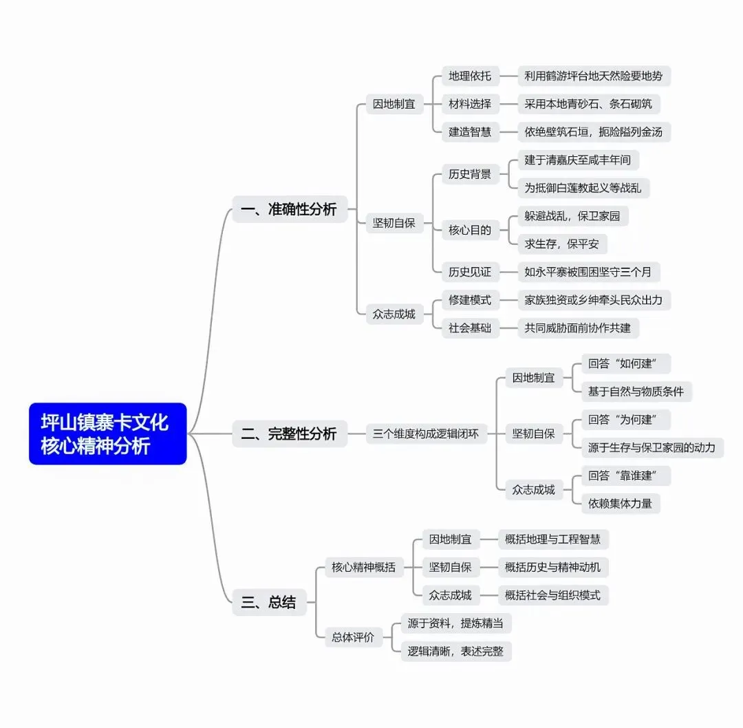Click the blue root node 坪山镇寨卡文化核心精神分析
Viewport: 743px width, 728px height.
(x=107, y=433)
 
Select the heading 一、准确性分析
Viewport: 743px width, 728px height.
(x=290, y=208)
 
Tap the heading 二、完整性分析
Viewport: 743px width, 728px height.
(x=290, y=433)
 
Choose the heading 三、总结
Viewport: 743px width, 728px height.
(x=269, y=602)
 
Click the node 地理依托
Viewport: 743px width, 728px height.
(x=470, y=76)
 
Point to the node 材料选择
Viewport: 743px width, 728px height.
(x=470, y=104)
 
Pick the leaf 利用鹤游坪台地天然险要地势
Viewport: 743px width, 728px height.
(x=593, y=76)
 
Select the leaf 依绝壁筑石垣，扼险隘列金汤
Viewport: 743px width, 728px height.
(x=593, y=131)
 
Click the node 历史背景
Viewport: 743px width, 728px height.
(x=470, y=174)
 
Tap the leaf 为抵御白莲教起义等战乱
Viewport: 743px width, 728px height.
(x=583, y=187)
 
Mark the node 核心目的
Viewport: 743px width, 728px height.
(x=470, y=230)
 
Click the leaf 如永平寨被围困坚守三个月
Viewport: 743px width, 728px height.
(x=588, y=272)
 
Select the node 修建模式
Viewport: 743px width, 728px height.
(x=470, y=300)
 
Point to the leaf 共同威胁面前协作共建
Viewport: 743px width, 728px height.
(x=577, y=328)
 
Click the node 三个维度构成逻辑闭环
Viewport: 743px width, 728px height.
(x=426, y=433)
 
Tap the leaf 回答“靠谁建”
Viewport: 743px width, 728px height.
(x=625, y=475)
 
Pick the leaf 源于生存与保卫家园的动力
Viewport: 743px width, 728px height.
(x=652, y=447)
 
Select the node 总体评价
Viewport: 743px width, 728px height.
(x=353, y=637)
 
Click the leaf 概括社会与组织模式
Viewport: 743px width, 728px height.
(x=552, y=595)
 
